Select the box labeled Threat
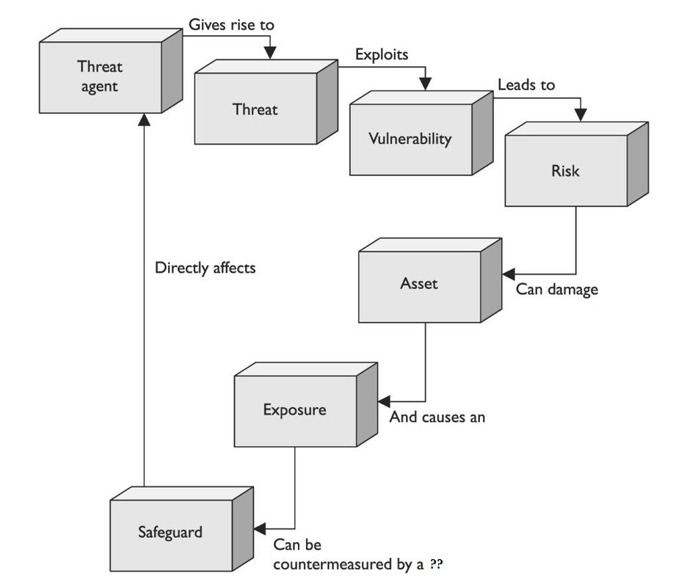click(x=255, y=110)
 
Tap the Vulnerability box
click(x=410, y=139)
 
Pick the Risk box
click(x=565, y=171)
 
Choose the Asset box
click(x=419, y=283)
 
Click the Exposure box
click(x=294, y=409)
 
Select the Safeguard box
click(x=170, y=531)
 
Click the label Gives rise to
click(x=231, y=24)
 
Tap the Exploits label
click(x=382, y=54)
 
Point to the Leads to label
click(x=526, y=85)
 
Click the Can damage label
click(x=556, y=289)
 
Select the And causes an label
click(x=437, y=418)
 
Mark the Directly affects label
click(x=205, y=268)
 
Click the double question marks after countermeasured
click(x=436, y=565)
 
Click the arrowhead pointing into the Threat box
click(x=270, y=53)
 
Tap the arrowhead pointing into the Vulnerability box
click(x=425, y=85)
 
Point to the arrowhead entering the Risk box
click(x=581, y=114)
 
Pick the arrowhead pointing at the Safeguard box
click(x=260, y=527)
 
